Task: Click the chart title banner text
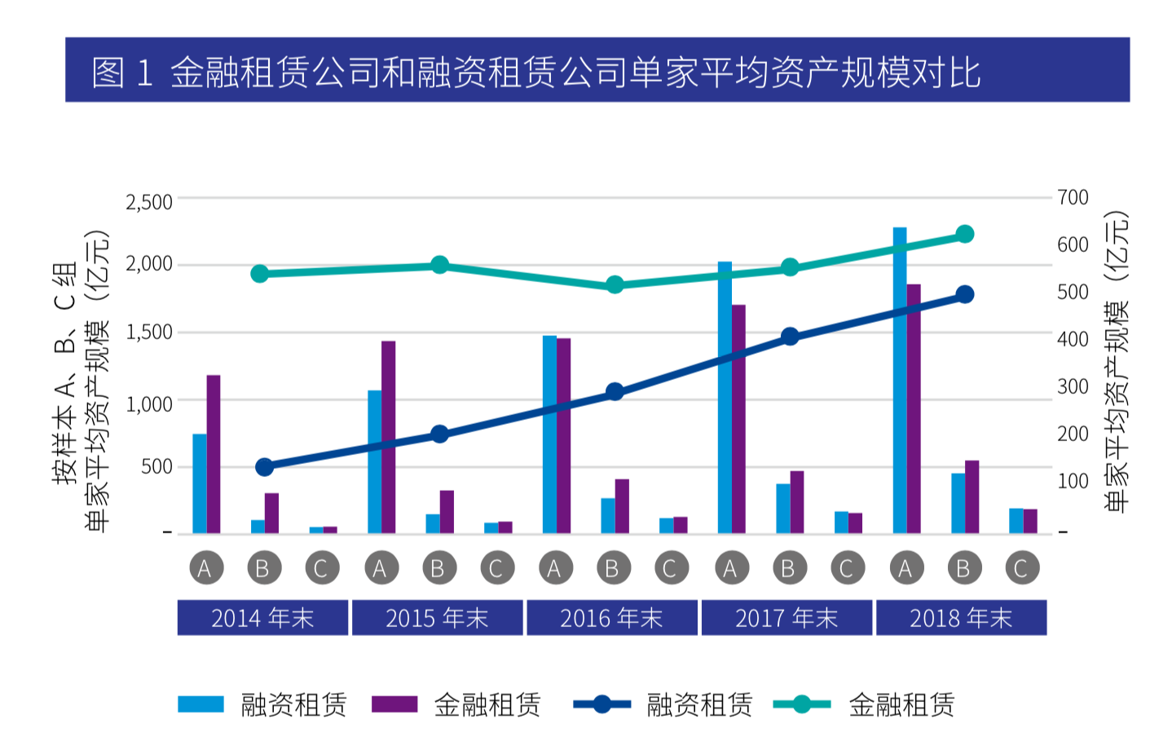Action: point(535,72)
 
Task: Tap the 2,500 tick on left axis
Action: point(148,201)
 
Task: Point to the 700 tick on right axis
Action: point(1073,197)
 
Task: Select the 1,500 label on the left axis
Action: point(148,332)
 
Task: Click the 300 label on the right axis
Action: point(1073,386)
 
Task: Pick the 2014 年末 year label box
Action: point(262,618)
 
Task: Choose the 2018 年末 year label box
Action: point(961,618)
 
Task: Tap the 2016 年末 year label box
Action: point(611,618)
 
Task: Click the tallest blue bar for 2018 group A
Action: point(899,380)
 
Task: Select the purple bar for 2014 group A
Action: point(214,454)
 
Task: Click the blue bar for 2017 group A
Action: point(725,397)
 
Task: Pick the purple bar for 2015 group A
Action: point(388,437)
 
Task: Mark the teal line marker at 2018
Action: point(964,235)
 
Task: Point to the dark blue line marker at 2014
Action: point(264,467)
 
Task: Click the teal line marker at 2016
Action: point(615,285)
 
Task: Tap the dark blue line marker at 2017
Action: point(789,337)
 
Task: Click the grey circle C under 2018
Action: point(1020,568)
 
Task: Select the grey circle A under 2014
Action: point(205,568)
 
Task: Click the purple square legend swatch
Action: point(394,704)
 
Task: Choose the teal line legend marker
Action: point(801,704)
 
